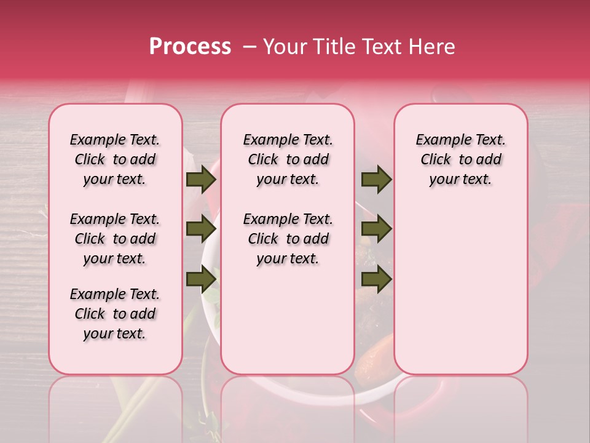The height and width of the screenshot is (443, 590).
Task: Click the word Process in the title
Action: click(x=190, y=47)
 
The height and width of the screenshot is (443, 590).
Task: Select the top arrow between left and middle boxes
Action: click(x=201, y=179)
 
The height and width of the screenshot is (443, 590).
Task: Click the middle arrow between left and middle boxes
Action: click(x=201, y=229)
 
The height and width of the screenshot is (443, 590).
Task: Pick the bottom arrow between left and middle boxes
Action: click(x=201, y=279)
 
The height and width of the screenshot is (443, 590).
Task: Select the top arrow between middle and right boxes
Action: click(x=376, y=179)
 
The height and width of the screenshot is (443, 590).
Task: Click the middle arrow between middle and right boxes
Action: click(x=376, y=229)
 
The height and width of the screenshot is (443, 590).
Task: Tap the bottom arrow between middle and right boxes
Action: click(x=376, y=279)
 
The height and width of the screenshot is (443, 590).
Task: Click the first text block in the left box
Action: click(x=115, y=159)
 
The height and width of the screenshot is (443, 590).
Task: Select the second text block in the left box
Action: click(x=115, y=239)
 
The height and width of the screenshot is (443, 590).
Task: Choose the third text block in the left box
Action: click(x=115, y=314)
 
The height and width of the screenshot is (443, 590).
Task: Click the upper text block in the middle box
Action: click(x=288, y=159)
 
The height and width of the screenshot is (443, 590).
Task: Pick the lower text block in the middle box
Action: click(x=288, y=239)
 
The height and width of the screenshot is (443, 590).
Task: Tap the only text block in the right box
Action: click(x=461, y=159)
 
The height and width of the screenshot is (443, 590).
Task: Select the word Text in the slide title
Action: click(x=370, y=47)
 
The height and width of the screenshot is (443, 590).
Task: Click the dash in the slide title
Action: click(x=248, y=47)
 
